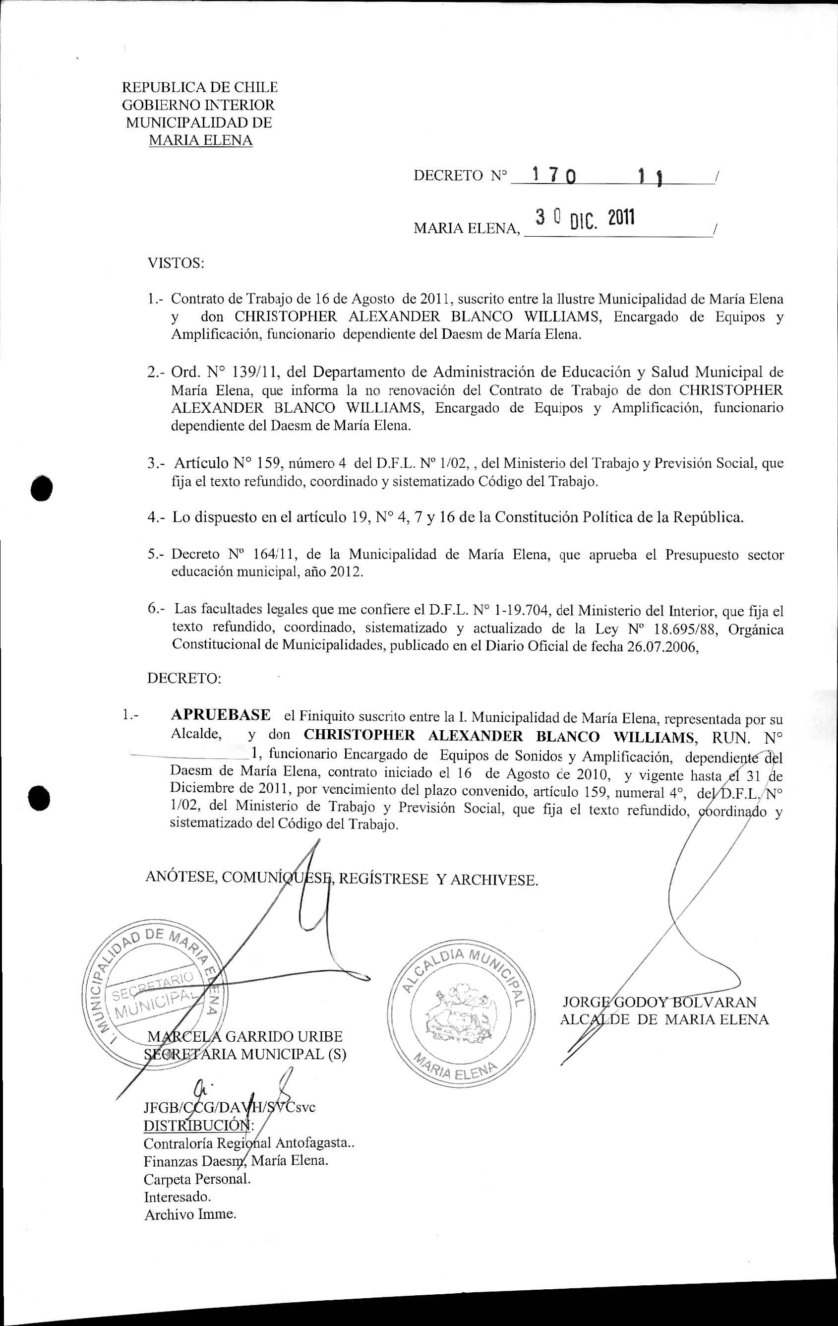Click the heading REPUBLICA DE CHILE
tap(199, 87)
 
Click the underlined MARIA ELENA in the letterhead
tap(200, 140)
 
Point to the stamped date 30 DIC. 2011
tap(585, 220)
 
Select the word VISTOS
tap(175, 263)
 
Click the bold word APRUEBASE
tap(221, 715)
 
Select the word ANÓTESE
tap(180, 877)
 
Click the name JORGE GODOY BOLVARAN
tap(659, 1003)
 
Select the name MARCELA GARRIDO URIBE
tap(245, 1037)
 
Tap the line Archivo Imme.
tap(190, 1215)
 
